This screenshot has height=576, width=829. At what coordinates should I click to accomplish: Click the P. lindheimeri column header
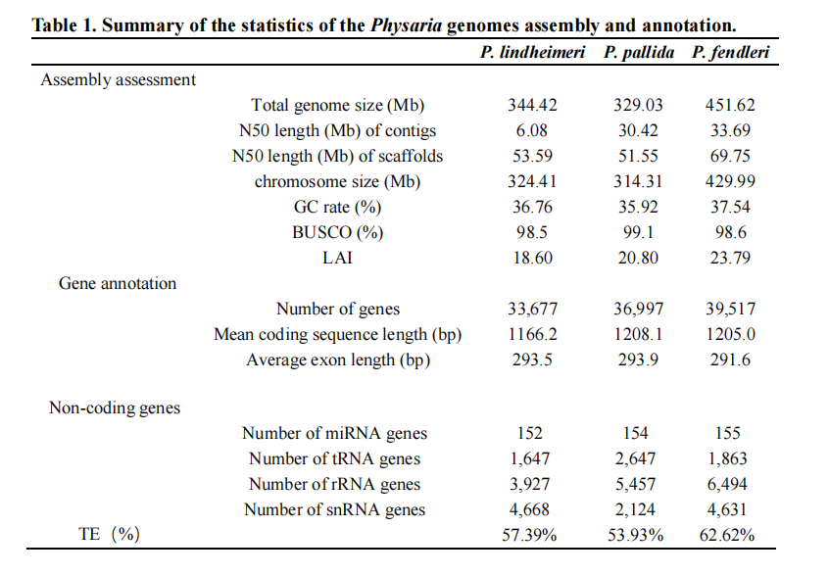click(x=532, y=52)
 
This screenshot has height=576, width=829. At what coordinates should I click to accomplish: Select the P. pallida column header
click(x=639, y=52)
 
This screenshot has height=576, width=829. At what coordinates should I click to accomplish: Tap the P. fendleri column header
click(x=730, y=52)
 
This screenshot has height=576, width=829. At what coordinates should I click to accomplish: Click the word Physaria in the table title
click(x=406, y=24)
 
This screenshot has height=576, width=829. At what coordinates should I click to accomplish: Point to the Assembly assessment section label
click(x=119, y=79)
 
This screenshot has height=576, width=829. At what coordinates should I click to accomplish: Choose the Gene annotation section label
click(x=118, y=283)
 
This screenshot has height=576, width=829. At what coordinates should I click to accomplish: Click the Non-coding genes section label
click(x=115, y=408)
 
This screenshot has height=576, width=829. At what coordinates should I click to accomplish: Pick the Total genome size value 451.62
click(x=730, y=105)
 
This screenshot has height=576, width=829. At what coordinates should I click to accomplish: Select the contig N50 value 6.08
click(x=532, y=130)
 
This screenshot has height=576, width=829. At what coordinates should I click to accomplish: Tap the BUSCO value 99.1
click(x=638, y=232)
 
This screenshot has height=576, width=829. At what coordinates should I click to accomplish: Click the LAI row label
click(x=337, y=258)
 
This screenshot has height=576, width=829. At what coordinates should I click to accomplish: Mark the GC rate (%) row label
click(x=337, y=207)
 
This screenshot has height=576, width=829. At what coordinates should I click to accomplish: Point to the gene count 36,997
click(x=638, y=309)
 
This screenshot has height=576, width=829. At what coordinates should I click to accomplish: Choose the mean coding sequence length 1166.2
click(x=532, y=334)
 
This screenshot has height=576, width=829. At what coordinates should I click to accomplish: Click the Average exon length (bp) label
click(x=338, y=360)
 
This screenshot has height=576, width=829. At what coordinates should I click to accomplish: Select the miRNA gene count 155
click(x=727, y=433)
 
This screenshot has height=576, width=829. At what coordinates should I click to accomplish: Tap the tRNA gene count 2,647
click(x=635, y=458)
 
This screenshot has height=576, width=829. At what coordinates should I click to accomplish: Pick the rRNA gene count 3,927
click(x=529, y=484)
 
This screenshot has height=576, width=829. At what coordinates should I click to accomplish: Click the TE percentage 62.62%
click(x=727, y=535)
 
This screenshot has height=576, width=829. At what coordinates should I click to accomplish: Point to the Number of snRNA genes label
click(x=335, y=508)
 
